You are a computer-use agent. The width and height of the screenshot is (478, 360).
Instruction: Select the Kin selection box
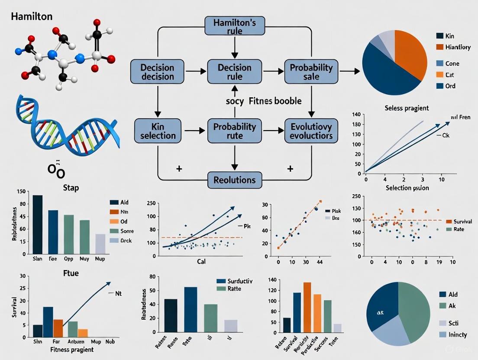pyautogui.click(x=157, y=130)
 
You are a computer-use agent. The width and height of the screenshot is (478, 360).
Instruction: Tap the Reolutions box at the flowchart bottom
pyautogui.click(x=234, y=180)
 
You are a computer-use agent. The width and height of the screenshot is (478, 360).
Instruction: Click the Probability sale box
pyautogui.click(x=311, y=72)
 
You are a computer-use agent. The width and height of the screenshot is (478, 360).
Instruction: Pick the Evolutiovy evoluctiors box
pyautogui.click(x=311, y=130)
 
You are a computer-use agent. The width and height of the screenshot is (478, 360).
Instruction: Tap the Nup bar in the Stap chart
pyautogui.click(x=100, y=243)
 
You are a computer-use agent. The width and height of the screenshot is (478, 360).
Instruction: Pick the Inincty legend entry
pyautogui.click(x=460, y=334)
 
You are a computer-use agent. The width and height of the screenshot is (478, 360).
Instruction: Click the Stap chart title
pyautogui.click(x=70, y=188)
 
